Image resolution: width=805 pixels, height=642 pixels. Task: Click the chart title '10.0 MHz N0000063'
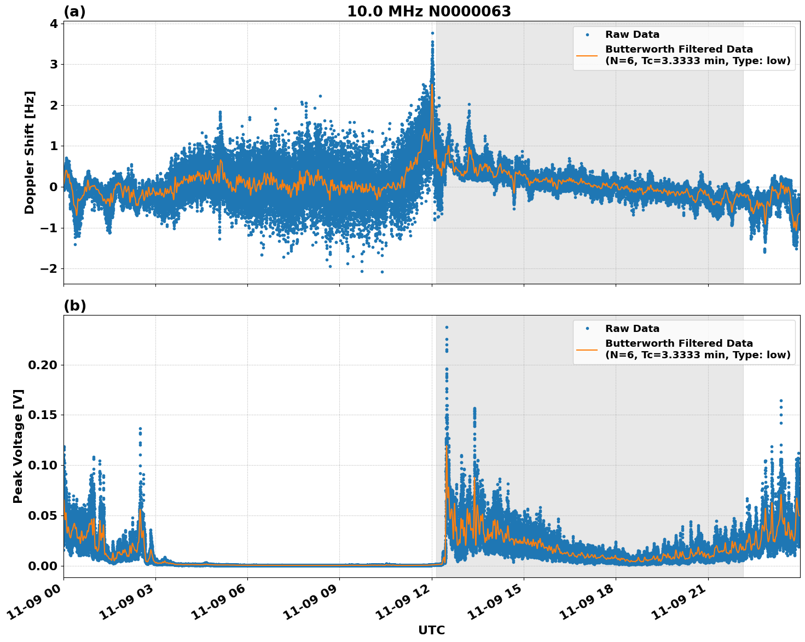click(x=428, y=12)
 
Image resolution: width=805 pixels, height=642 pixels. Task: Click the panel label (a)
click(x=74, y=12)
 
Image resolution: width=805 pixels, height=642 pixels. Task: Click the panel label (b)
click(x=74, y=306)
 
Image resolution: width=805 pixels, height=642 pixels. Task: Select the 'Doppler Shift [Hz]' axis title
click(x=30, y=152)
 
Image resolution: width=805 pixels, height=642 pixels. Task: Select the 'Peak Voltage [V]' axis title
click(x=18, y=446)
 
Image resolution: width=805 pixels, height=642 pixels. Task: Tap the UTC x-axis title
click(x=431, y=630)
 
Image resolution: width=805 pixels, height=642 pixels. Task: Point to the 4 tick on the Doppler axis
click(x=54, y=24)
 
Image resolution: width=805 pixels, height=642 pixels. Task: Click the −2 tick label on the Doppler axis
click(x=49, y=268)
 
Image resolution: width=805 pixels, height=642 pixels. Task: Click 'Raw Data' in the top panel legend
click(x=632, y=35)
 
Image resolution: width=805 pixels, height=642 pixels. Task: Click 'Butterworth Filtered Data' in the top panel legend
click(x=679, y=49)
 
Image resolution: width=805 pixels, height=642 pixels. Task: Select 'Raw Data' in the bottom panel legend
click(x=632, y=329)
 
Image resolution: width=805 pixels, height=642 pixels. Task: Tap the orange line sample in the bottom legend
click(x=587, y=349)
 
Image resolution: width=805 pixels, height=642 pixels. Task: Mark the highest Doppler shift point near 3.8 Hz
click(x=432, y=33)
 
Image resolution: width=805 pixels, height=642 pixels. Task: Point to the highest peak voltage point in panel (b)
click(x=447, y=327)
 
